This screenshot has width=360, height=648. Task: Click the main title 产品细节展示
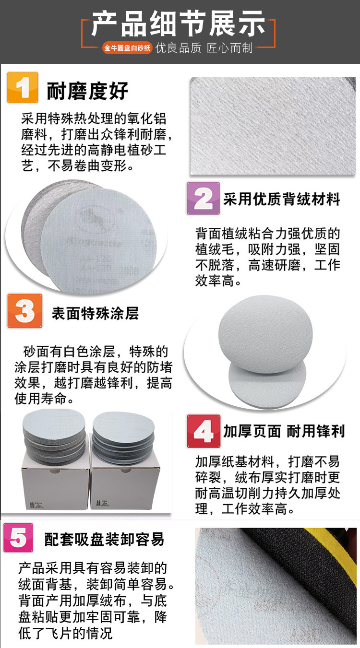click(178, 24)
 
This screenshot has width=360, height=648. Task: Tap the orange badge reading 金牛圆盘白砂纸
click(127, 48)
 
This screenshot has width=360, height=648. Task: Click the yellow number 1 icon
click(22, 87)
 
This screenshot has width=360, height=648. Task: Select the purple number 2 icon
click(203, 198)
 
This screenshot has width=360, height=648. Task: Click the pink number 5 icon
click(18, 538)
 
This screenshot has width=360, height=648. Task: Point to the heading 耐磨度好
click(87, 91)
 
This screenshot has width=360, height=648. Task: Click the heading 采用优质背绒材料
click(281, 200)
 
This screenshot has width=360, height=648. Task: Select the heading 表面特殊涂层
click(95, 314)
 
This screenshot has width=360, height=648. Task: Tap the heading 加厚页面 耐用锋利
click(284, 431)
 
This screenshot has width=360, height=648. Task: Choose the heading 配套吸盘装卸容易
click(104, 540)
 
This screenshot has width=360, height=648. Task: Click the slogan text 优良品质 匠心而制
click(204, 48)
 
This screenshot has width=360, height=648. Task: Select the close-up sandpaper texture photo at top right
click(272, 126)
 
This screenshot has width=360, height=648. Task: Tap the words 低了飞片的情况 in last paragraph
click(65, 633)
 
